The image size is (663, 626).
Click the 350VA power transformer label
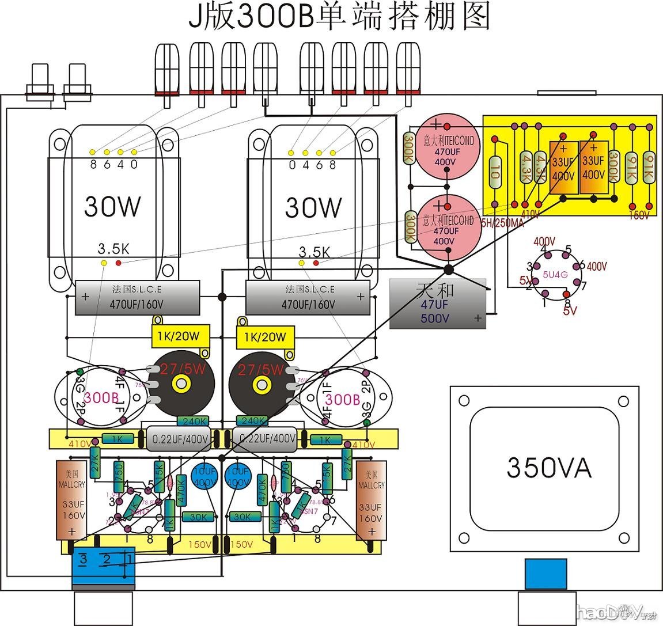[548, 467]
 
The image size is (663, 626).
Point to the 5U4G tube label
[555, 275]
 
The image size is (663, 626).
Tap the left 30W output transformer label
[112, 206]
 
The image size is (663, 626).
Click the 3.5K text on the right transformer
[314, 252]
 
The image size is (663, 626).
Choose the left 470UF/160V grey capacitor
[137, 298]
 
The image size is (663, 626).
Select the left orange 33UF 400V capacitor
[563, 168]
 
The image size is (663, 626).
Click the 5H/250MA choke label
[502, 223]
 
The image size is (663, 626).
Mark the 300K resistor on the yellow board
[614, 166]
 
